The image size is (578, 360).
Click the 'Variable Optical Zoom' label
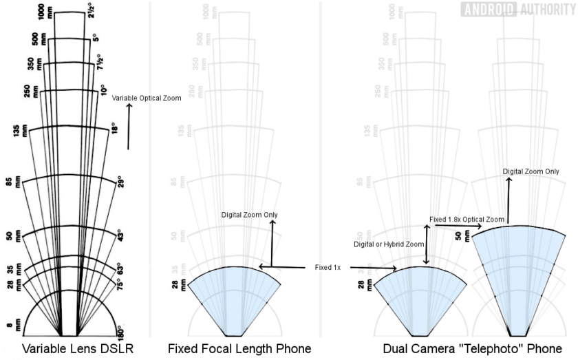pyautogui.click(x=147, y=98)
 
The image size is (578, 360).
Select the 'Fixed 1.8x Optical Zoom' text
pyautogui.click(x=467, y=220)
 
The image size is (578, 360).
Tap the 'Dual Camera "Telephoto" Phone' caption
pyautogui.click(x=475, y=348)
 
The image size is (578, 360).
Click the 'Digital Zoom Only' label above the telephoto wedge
pyautogui.click(x=530, y=171)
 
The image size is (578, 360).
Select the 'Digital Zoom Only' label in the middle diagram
pyautogui.click(x=249, y=215)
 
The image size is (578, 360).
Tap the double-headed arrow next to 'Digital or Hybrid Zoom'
pyautogui.click(x=428, y=245)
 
